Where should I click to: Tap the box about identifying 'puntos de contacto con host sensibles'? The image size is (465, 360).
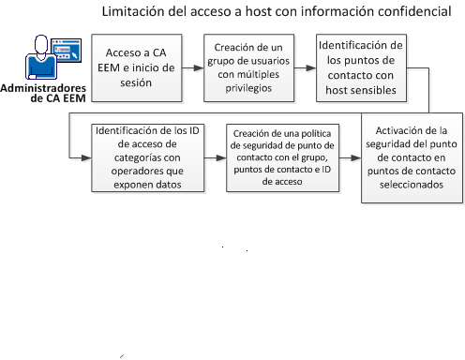pos(360,68)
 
